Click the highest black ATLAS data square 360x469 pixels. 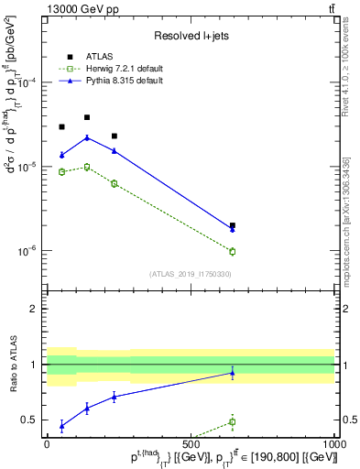pos(87,117)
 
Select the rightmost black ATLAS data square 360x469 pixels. pos(233,224)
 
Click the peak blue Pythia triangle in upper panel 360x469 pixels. pos(87,138)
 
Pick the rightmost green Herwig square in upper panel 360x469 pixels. pos(233,251)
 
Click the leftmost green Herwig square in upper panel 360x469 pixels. pos(61,171)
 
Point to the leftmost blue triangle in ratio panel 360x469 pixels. pos(61,426)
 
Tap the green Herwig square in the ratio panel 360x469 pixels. pos(233,422)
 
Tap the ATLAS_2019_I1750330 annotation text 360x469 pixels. pos(190,274)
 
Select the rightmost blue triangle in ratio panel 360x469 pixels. pos(233,373)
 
